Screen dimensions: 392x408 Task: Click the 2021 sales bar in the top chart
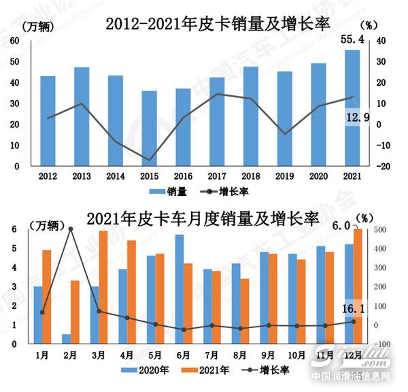click(352, 109)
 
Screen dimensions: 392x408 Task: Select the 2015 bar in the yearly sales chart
click(149, 129)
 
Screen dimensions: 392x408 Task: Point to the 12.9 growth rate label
click(358, 118)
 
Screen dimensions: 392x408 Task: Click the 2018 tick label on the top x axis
click(250, 176)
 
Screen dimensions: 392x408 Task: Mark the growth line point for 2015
click(149, 160)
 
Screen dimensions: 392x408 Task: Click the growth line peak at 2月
click(71, 229)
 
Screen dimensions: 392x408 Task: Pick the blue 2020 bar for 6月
click(180, 289)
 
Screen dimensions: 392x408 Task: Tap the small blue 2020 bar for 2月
click(65, 339)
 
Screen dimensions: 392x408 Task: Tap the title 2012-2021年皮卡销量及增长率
click(217, 24)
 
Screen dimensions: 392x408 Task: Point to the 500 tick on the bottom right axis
click(381, 230)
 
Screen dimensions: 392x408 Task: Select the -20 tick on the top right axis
click(383, 166)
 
